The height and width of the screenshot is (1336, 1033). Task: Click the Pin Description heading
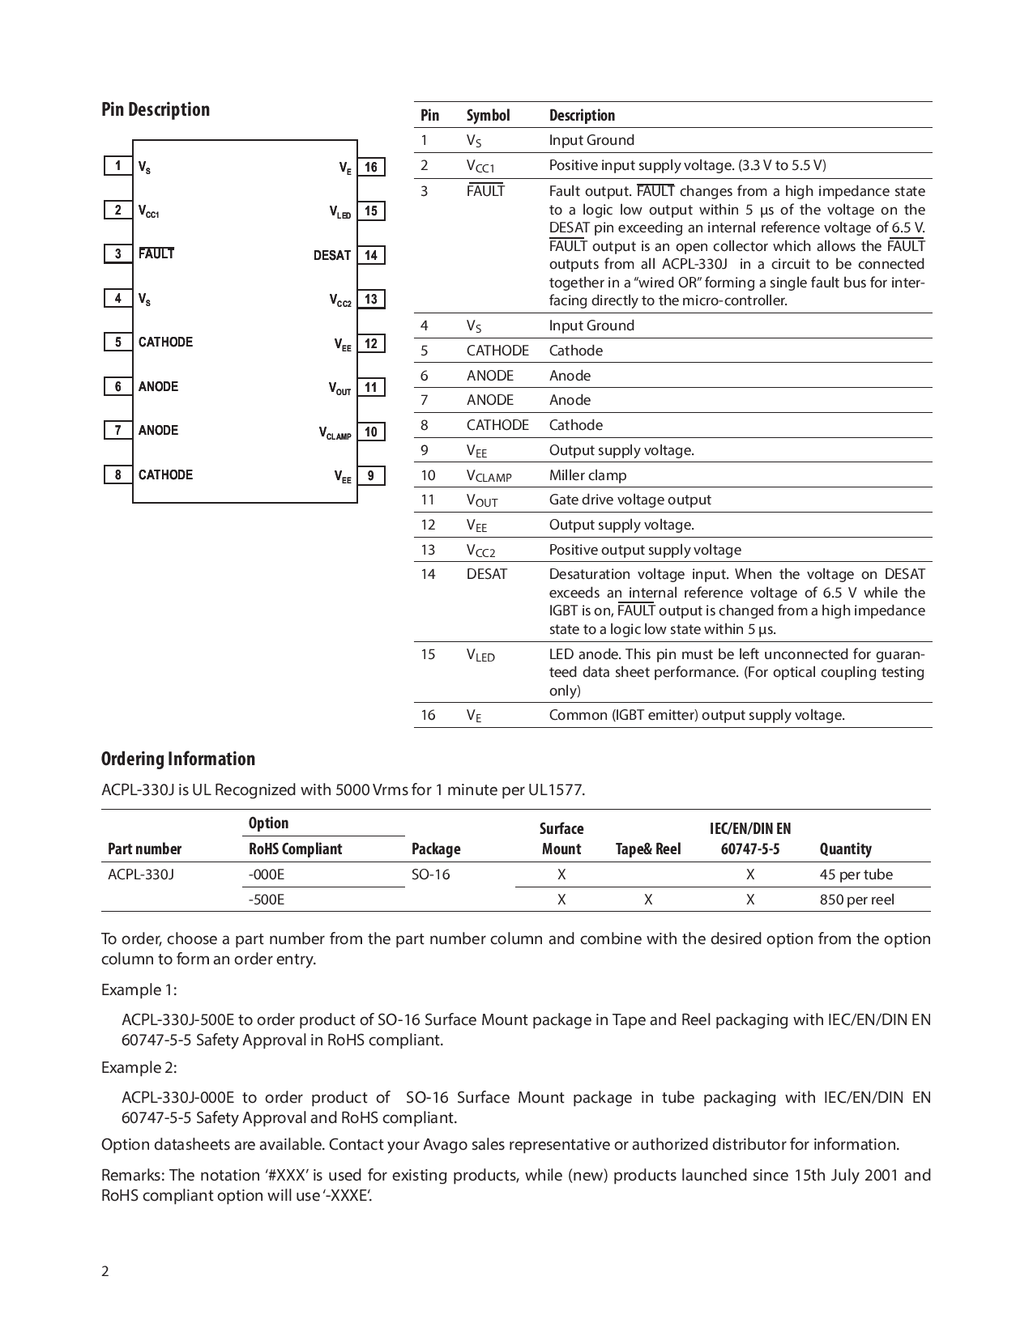click(x=155, y=109)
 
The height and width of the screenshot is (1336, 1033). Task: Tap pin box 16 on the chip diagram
click(x=371, y=167)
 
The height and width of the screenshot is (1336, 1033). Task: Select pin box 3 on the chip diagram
click(x=118, y=253)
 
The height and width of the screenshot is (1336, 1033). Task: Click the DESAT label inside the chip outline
click(x=332, y=255)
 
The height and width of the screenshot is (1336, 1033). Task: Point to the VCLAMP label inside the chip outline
click(x=335, y=433)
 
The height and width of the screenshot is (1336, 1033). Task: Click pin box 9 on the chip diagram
click(x=371, y=475)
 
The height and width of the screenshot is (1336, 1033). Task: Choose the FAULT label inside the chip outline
click(x=156, y=253)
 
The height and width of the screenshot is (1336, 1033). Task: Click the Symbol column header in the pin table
click(x=488, y=115)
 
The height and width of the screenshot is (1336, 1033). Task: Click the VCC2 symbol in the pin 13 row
click(x=480, y=551)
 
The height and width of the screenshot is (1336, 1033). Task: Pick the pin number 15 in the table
click(x=428, y=654)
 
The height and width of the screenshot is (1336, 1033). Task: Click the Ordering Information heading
click(x=177, y=759)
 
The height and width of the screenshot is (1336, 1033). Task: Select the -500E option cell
click(x=267, y=900)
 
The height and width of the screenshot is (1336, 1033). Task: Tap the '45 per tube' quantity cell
click(x=856, y=874)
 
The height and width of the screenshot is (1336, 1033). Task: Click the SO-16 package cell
click(x=430, y=874)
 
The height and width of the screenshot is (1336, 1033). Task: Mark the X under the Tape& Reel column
click(x=648, y=900)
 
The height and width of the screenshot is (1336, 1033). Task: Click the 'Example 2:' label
click(x=139, y=1067)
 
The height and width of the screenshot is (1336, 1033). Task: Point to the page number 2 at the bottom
click(x=105, y=1271)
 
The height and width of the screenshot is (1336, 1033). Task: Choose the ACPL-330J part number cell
click(x=140, y=874)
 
